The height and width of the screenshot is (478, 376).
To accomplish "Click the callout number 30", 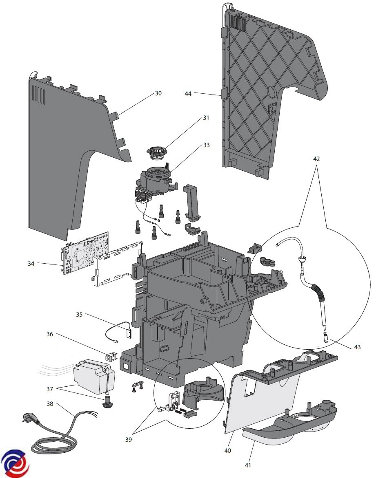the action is [x=158, y=93].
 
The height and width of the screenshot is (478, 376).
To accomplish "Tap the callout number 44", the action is [x=188, y=94].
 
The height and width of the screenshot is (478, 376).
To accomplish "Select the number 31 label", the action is [x=206, y=118].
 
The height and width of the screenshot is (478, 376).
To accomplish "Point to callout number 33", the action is [x=207, y=145].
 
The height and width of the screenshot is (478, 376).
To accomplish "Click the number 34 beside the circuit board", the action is [x=31, y=263].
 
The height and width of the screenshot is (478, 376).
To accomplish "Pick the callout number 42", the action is [x=316, y=159].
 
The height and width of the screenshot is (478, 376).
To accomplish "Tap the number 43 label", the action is [x=357, y=347].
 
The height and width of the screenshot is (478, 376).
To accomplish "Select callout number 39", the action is [x=129, y=439].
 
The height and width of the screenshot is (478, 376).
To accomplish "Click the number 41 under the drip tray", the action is [x=248, y=465].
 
